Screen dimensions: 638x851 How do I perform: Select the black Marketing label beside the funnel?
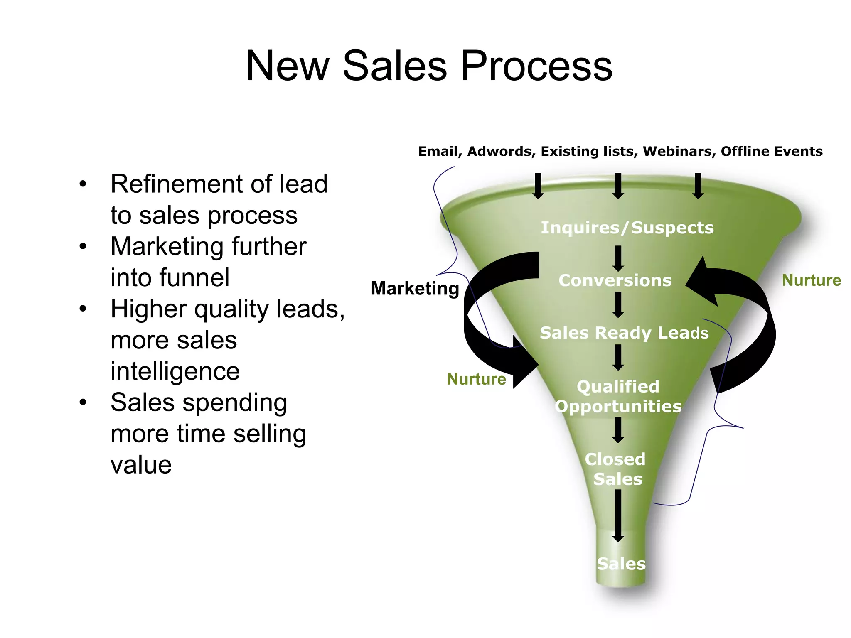(x=415, y=288)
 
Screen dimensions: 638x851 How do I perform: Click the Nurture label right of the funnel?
(x=811, y=280)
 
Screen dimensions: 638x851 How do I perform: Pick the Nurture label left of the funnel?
(x=476, y=379)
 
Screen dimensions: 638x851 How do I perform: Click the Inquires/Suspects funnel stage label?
(x=627, y=228)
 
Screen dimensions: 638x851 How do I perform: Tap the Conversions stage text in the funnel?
(x=615, y=280)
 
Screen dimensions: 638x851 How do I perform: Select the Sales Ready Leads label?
(x=624, y=333)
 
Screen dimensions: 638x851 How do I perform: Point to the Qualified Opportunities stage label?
(x=618, y=396)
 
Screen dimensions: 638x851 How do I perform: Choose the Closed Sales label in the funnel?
(x=616, y=469)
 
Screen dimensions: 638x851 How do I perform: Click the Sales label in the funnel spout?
(x=621, y=564)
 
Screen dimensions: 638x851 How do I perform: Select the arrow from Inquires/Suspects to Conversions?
(x=618, y=258)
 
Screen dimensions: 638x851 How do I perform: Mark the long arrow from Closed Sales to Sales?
(x=618, y=515)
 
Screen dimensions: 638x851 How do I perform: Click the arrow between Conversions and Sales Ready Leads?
(x=618, y=304)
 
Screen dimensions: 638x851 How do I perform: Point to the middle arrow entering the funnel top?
(x=618, y=186)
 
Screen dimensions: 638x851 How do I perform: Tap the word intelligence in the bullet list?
(x=175, y=371)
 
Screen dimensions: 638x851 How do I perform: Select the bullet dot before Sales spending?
(x=83, y=402)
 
